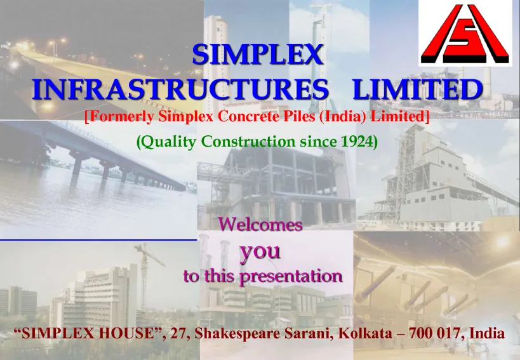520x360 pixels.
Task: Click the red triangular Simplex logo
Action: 465,34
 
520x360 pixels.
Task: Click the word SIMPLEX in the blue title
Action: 258,55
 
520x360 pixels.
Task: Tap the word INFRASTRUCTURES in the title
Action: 180,89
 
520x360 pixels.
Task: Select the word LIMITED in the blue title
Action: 417,89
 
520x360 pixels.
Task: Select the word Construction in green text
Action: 248,142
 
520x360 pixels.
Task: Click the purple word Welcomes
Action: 260,224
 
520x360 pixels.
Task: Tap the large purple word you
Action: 260,252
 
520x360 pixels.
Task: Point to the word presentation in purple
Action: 291,276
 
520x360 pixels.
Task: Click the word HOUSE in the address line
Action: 127,333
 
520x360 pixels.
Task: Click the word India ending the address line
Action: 487,333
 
